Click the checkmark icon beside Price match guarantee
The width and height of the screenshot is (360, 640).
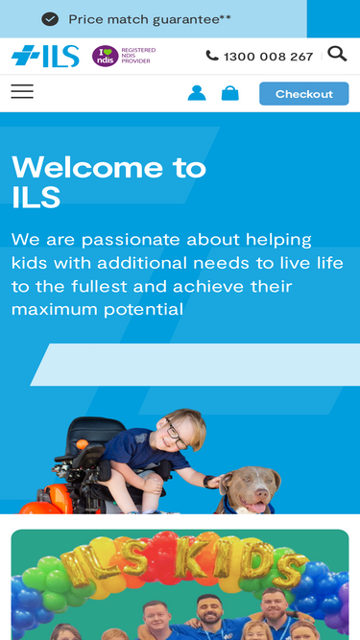[50, 19]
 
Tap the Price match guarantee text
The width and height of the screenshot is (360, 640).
[149, 19]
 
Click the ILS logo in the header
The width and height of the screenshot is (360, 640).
[45, 56]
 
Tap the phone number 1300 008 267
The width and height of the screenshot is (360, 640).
[268, 57]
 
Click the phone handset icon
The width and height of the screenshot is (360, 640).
[212, 57]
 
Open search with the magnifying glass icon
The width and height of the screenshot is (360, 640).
[337, 54]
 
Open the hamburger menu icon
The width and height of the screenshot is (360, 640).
[22, 92]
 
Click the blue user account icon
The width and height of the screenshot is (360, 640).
[197, 93]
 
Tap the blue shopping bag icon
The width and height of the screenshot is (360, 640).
[230, 93]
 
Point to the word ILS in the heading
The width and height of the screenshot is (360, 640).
[36, 199]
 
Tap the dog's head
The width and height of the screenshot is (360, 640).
[251, 486]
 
